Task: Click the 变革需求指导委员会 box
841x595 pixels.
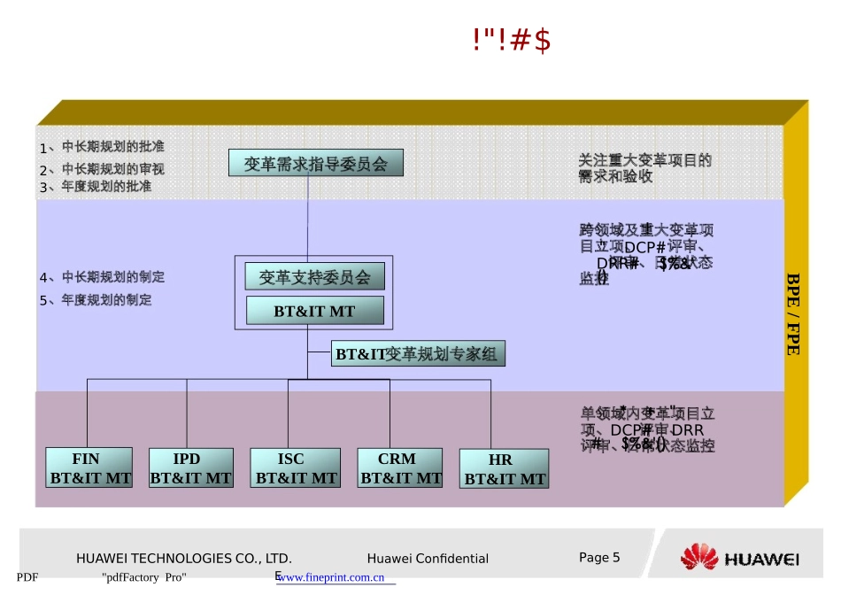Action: point(315,163)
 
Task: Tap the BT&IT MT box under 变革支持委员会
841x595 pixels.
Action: point(314,311)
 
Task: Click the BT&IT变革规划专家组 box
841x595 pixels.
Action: point(415,354)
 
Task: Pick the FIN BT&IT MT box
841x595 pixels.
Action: point(89,467)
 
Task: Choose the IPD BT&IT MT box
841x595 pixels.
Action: point(190,467)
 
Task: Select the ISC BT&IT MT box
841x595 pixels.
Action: point(295,467)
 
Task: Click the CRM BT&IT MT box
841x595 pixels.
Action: point(400,467)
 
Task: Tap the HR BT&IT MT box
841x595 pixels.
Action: point(504,468)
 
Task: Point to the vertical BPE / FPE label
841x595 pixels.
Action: point(793,313)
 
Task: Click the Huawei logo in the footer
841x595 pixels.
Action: point(740,558)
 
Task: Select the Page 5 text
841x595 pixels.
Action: point(599,557)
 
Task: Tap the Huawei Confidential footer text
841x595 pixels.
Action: point(428,558)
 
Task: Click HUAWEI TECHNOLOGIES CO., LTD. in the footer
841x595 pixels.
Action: point(184,558)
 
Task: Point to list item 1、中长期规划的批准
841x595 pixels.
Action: point(102,147)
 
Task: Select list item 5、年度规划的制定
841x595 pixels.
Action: point(96,300)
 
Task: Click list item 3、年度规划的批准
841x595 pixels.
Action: point(96,187)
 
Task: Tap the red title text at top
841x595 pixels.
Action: point(512,41)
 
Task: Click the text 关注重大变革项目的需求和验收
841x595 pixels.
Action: point(644,168)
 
